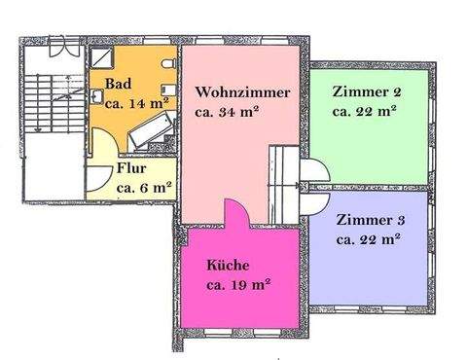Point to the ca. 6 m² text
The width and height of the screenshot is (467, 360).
point(144,187)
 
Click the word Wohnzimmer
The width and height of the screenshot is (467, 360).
point(242,92)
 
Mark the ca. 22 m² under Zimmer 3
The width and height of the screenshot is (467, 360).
point(368,238)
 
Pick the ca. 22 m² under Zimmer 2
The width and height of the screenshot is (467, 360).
point(364,111)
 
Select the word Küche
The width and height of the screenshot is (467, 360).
point(228,265)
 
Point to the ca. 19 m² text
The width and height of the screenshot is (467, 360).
point(237,284)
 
